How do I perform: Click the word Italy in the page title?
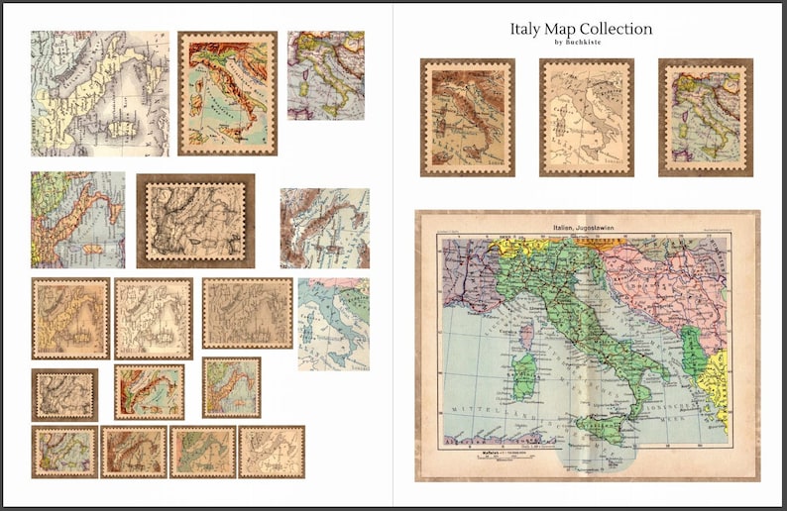coord(526,29)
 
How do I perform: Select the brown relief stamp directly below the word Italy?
coord(467,117)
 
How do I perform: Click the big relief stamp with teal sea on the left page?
coord(227,93)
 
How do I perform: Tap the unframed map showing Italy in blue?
coord(333,324)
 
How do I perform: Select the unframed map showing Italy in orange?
coord(77,220)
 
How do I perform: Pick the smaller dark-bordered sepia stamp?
coord(64,395)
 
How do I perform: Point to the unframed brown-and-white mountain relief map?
coord(324,228)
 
